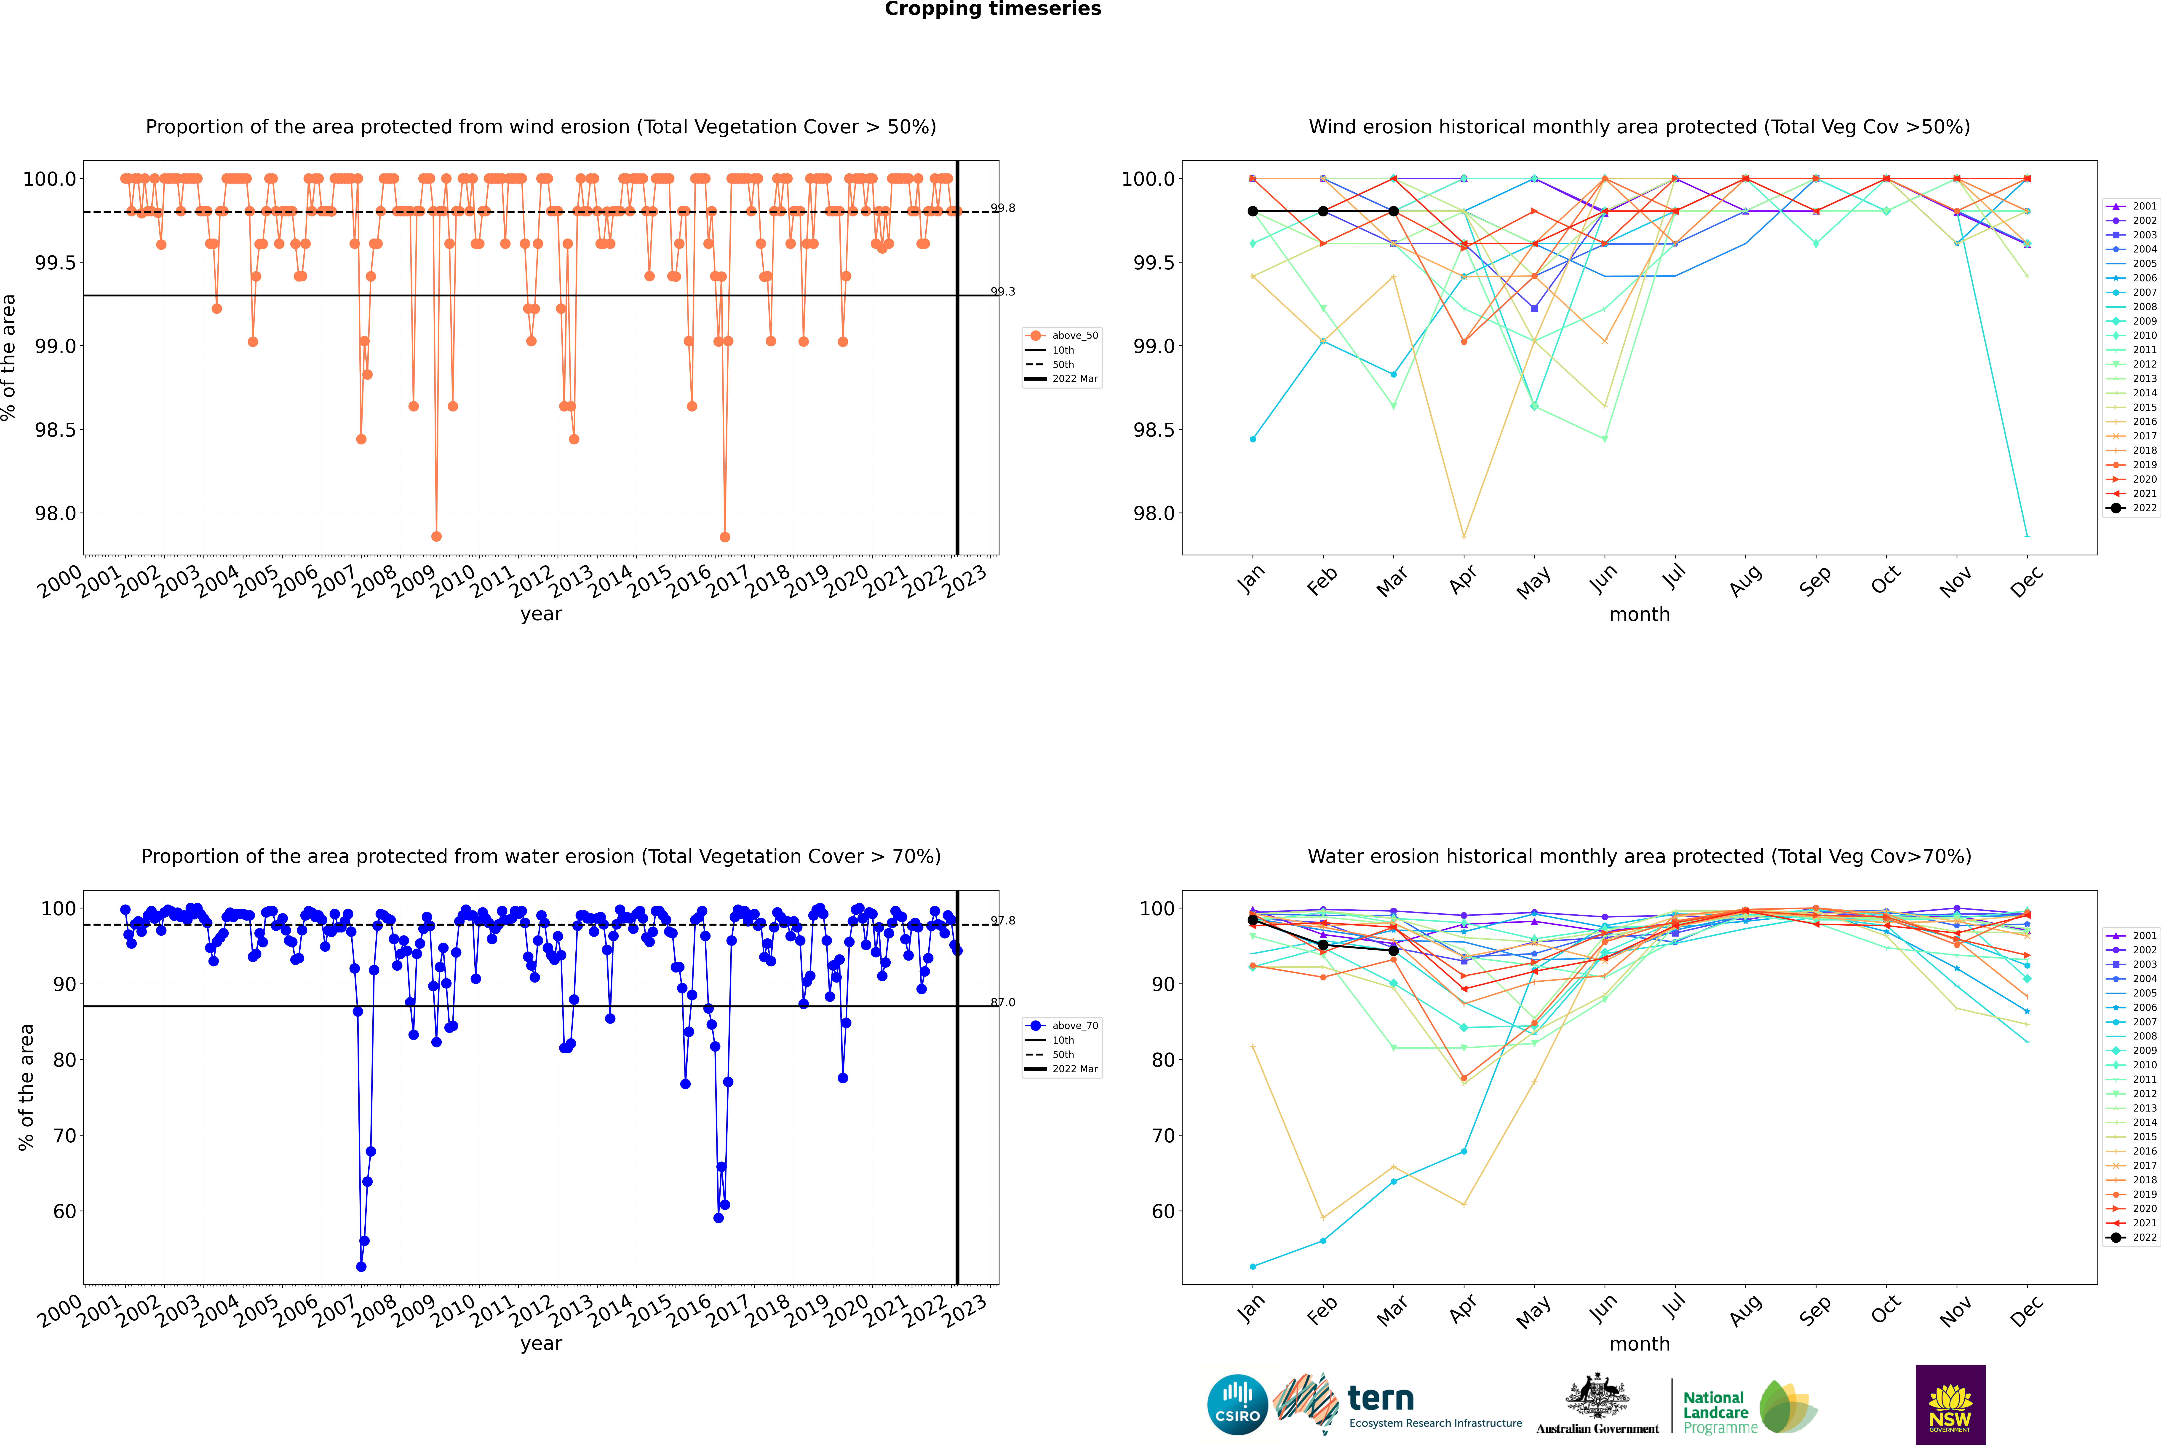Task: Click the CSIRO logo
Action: (x=1237, y=1405)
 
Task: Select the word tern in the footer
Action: (x=1380, y=1398)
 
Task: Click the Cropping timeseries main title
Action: (x=992, y=9)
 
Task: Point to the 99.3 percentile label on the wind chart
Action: (x=1002, y=292)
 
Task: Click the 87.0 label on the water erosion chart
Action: (x=1002, y=1003)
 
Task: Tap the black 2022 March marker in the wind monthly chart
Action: (x=1393, y=211)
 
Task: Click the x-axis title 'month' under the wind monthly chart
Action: (x=1639, y=615)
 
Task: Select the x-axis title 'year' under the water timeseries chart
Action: (x=541, y=1344)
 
